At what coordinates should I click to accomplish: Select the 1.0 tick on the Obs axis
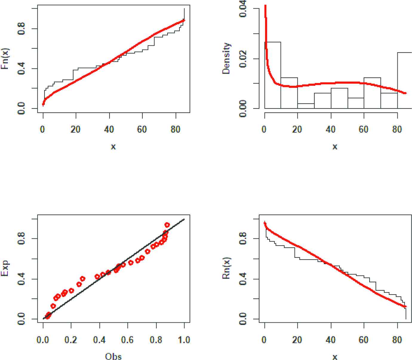point(184,340)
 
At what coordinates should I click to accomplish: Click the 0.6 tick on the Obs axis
point(127,340)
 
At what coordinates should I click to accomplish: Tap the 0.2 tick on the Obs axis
point(71,340)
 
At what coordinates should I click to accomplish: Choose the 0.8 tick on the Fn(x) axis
point(21,29)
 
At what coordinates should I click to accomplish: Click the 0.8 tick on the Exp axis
point(21,239)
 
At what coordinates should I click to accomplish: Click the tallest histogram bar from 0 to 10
point(273,75)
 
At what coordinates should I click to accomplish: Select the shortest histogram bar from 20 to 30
point(306,106)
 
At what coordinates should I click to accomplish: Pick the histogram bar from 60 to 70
point(372,93)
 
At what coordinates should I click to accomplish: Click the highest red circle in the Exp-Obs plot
point(167,225)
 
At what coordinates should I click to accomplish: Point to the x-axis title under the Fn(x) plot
point(113,146)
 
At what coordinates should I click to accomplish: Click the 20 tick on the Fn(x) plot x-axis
point(76,130)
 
